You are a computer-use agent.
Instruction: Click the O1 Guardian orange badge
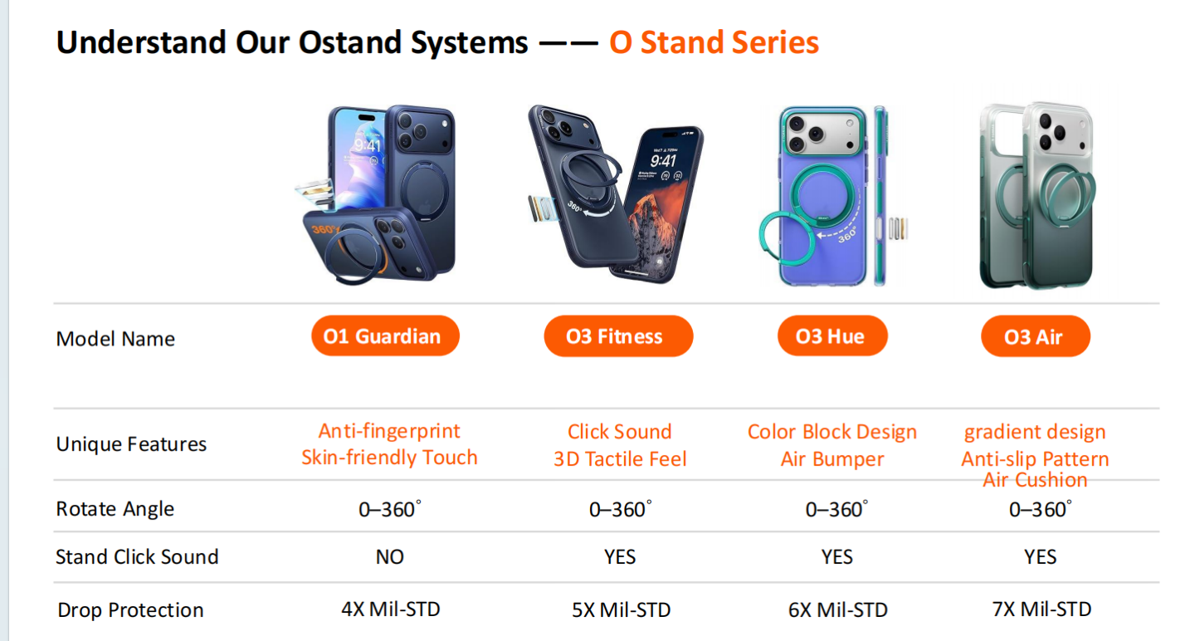[x=385, y=336]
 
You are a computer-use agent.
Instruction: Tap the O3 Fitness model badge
[x=618, y=336]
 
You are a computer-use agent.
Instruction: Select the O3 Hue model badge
[x=832, y=336]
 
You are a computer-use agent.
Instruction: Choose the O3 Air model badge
[x=1035, y=337]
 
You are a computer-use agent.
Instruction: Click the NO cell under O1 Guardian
[x=389, y=557]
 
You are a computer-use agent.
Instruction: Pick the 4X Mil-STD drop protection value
[x=390, y=609]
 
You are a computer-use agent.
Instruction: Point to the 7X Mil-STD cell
[x=1041, y=609]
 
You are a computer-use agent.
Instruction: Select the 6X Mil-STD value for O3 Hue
[x=837, y=610]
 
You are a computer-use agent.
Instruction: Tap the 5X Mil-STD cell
[x=621, y=610]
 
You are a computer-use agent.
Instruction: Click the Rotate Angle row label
[x=115, y=509]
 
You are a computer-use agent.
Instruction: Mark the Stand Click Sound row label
[x=137, y=557]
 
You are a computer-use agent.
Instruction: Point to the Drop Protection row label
[x=130, y=610]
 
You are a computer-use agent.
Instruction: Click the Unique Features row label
[x=131, y=444]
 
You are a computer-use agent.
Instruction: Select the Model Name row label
[x=115, y=339]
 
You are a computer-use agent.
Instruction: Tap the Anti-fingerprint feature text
[x=389, y=431]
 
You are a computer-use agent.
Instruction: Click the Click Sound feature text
[x=619, y=432]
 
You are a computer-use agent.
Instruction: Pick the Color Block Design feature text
[x=832, y=432]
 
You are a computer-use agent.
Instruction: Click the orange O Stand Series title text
[x=714, y=42]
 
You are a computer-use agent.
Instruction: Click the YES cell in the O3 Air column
[x=1041, y=557]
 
